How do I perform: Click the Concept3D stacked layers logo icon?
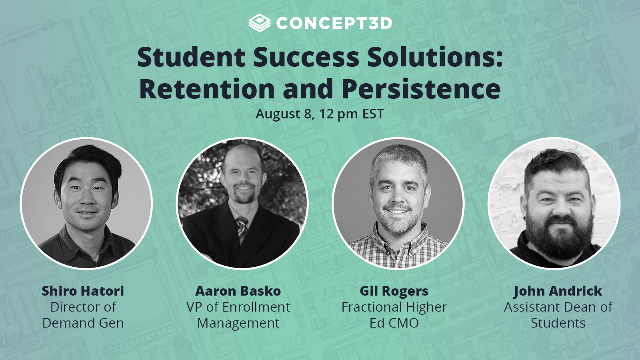coord(259,23)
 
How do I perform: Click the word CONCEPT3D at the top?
coord(334,23)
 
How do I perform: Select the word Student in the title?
coord(191,57)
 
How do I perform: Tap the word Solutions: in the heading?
coord(435,57)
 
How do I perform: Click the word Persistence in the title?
coord(421,89)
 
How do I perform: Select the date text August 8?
coord(284,114)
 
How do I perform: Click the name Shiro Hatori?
coord(83,291)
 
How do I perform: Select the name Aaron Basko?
coord(238,291)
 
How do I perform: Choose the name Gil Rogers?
coord(394,291)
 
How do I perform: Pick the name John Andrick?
coord(558,291)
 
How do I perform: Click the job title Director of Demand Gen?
coord(83,315)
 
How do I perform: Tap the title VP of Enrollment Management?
coord(238,315)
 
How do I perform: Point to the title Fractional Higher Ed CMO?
coord(394,315)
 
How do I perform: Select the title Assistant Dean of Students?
coord(558,315)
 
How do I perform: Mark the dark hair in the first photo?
coord(90,158)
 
